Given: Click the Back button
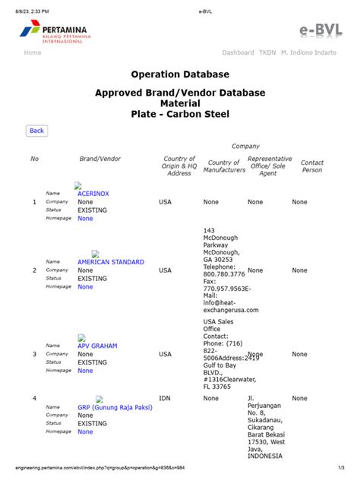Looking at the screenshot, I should point(36,131).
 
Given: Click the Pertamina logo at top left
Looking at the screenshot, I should point(54,33).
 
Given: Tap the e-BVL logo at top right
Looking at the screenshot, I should point(325,31).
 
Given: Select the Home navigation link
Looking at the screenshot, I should point(33,52).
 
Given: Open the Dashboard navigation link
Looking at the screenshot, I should point(238,52).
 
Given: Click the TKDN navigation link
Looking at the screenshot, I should point(267,52).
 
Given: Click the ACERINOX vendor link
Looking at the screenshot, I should point(93,194).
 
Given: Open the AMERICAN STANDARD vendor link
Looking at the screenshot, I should point(110,262).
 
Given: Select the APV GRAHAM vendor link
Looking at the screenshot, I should point(97,346).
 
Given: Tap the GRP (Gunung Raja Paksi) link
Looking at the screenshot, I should point(115,407).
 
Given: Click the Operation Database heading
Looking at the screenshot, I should point(179,74).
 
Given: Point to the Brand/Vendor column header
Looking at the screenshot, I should point(99,159).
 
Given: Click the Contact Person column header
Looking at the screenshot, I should point(311,166).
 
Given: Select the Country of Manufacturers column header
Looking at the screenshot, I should point(224,166).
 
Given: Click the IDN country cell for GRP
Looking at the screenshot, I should point(165,398).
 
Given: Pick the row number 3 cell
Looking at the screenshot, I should point(34,355).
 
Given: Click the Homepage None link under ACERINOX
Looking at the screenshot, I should point(85,218).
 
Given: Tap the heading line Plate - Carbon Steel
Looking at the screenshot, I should point(179,114).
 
